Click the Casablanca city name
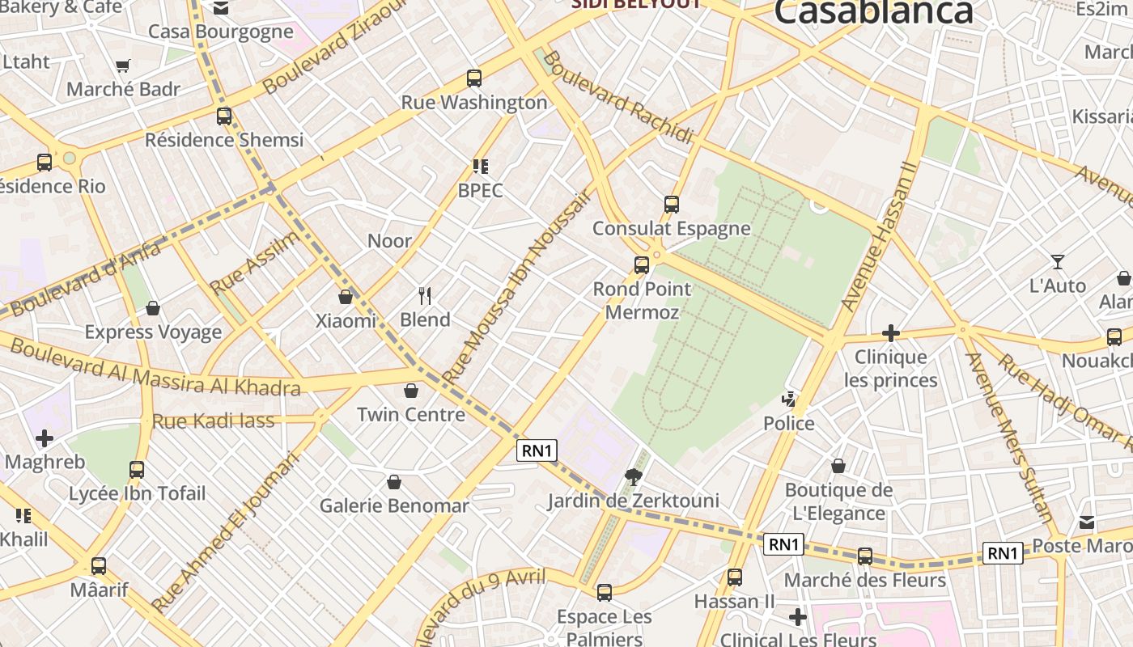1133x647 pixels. click(x=873, y=12)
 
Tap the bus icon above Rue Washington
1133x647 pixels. click(x=474, y=78)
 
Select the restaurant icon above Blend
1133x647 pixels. click(x=425, y=296)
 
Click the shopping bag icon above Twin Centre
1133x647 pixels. click(x=411, y=391)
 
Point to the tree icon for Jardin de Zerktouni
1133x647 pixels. click(x=634, y=477)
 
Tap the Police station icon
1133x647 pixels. click(x=789, y=400)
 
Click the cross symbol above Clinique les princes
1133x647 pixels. click(x=890, y=333)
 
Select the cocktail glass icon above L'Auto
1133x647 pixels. click(x=1057, y=262)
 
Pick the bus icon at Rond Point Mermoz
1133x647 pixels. click(x=642, y=265)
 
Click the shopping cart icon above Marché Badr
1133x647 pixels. click(x=123, y=66)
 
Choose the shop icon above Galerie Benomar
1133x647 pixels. click(x=394, y=483)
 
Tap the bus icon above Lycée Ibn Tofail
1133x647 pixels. click(x=137, y=470)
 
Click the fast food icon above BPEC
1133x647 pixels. click(x=481, y=167)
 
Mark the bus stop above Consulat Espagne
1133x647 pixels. click(x=672, y=205)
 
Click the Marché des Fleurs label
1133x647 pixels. click(x=864, y=580)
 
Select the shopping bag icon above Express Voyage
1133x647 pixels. click(x=153, y=309)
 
